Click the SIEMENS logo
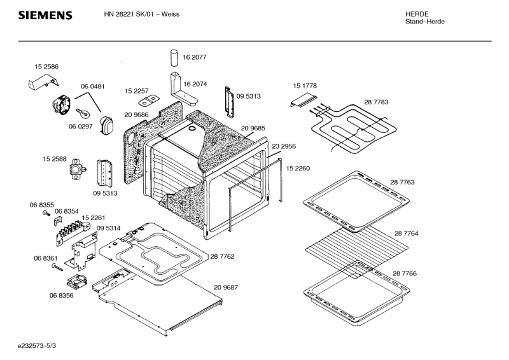(45, 15)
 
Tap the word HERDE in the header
(417, 13)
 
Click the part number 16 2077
(195, 57)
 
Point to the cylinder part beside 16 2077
(174, 57)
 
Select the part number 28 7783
(376, 102)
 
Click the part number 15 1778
(305, 85)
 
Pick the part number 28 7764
(405, 234)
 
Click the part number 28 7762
(222, 257)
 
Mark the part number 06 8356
(61, 296)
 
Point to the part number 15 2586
(46, 67)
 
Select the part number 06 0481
(92, 86)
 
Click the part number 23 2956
(284, 146)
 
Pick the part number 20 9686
(137, 114)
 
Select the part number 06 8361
(46, 258)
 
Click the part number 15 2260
(298, 168)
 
